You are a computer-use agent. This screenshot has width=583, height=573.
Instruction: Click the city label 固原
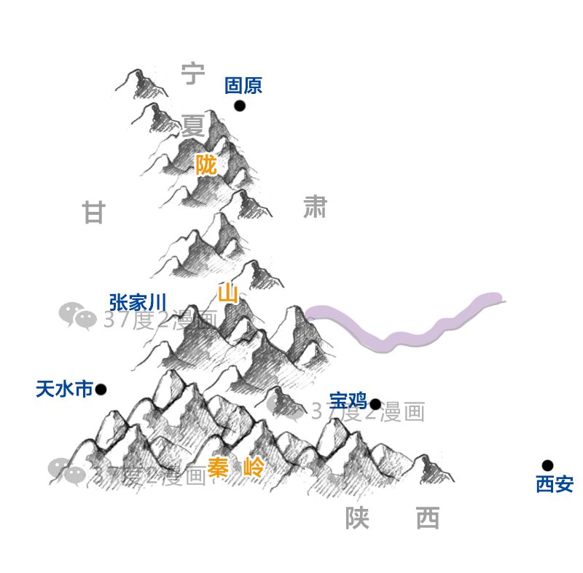tap(243, 85)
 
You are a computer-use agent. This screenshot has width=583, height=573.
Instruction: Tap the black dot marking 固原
tap(240, 106)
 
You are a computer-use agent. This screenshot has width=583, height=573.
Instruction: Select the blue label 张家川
tap(138, 302)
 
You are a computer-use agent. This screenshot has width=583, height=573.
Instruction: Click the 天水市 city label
tap(64, 390)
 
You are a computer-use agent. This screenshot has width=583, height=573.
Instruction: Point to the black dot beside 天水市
tap(101, 390)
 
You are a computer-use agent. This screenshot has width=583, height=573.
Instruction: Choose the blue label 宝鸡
tap(348, 401)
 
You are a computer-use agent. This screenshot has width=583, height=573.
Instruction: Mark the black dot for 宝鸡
tap(375, 404)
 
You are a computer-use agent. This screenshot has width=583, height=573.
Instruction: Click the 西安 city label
tap(555, 484)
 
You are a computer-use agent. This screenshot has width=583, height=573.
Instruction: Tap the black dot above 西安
tap(547, 465)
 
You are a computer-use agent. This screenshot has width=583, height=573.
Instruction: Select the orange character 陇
tap(206, 165)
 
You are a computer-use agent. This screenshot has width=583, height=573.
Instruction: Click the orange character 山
tap(228, 293)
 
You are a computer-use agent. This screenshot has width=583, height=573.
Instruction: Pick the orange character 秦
tap(218, 467)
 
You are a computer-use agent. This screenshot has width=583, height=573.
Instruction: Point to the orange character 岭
tap(254, 467)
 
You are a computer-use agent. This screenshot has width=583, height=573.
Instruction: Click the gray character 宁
tap(193, 74)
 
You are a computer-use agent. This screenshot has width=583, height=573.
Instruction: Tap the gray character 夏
tap(193, 125)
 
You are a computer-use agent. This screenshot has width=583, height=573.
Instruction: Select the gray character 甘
tap(94, 213)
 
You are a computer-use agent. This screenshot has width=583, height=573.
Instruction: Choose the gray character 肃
tap(316, 207)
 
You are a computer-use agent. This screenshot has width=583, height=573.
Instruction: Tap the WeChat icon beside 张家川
tap(78, 316)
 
